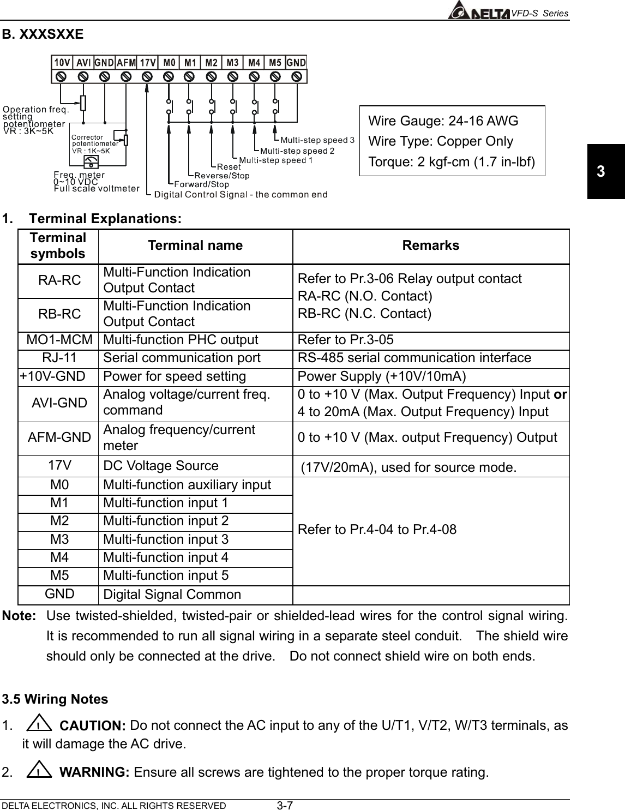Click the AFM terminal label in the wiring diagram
point(126,62)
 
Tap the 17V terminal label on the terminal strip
point(147,62)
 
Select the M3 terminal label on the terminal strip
point(233,62)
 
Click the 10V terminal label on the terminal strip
point(62,62)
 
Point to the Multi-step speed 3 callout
point(317,140)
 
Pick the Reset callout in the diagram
point(229,166)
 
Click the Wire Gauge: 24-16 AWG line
point(443,121)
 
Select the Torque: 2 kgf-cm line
point(452,162)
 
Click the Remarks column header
point(430,245)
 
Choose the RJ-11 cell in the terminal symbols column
point(59,358)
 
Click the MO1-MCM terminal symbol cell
point(59,340)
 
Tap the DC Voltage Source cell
point(161,466)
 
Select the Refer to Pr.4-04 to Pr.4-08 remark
point(377,530)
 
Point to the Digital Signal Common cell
point(172,595)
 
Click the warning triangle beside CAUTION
point(38,725)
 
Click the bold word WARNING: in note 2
point(93,772)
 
